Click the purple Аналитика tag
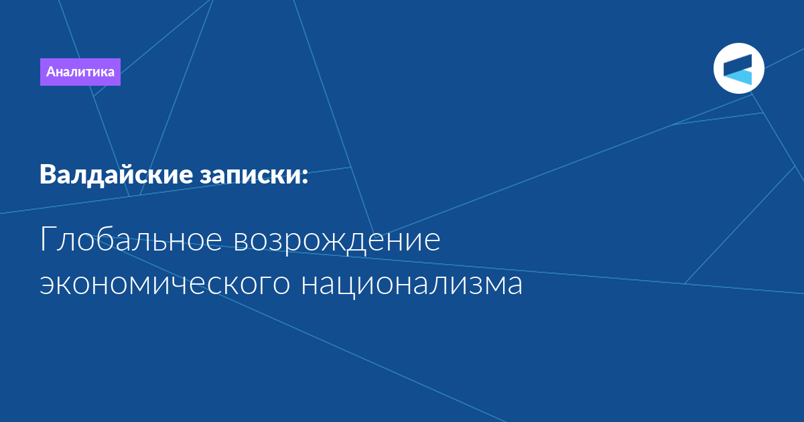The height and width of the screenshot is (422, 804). click(x=80, y=72)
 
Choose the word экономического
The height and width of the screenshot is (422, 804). click(x=164, y=284)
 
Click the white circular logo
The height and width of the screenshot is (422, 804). click(x=739, y=68)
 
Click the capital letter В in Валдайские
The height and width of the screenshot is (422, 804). click(x=48, y=175)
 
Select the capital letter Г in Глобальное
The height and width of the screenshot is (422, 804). click(x=47, y=239)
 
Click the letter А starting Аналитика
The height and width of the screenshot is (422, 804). click(x=51, y=72)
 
